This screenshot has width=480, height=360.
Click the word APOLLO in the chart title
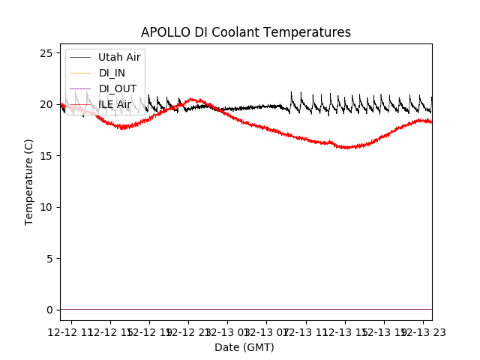[x=163, y=32]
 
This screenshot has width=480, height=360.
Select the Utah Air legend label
[x=119, y=57]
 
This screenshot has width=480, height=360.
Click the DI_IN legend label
[x=112, y=73]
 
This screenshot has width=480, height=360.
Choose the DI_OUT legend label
[x=117, y=88]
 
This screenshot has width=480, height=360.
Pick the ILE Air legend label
[x=115, y=104]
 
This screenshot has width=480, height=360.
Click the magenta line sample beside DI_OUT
[x=81, y=88]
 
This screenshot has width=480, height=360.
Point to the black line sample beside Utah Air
[x=81, y=57]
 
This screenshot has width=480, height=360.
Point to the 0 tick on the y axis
[x=49, y=310]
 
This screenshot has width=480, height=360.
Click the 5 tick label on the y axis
[x=49, y=259]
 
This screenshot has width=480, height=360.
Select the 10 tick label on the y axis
[x=46, y=207]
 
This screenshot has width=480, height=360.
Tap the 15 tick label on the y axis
[x=46, y=156]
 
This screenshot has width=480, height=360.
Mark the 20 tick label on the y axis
[x=46, y=104]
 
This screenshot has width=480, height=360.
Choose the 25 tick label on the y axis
[x=46, y=53]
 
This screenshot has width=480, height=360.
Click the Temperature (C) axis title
[x=29, y=181]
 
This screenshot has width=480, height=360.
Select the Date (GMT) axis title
[x=244, y=347]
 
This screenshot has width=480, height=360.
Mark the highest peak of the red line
[x=193, y=99]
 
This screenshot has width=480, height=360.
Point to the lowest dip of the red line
[x=346, y=148]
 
